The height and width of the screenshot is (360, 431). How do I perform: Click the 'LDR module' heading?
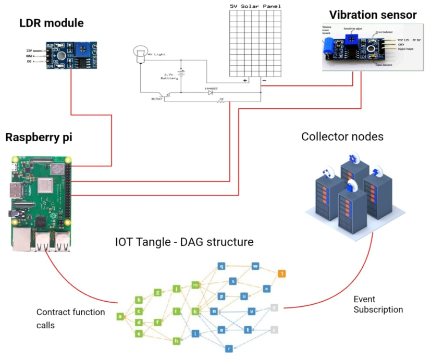pos(51,23)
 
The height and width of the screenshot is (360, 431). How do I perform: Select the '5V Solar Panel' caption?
pos(255,6)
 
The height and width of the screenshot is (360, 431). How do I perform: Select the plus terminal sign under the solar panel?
pos(244,81)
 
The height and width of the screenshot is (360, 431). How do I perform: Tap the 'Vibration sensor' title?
pos(373,15)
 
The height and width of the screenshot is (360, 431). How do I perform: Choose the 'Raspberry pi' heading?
pos(39,138)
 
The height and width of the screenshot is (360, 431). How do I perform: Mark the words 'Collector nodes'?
pos(342,136)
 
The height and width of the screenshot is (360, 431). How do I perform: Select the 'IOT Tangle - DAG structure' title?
pos(184,242)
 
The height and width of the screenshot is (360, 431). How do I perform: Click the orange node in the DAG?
pos(281,272)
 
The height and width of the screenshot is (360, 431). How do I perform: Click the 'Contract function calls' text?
pos(70,317)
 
